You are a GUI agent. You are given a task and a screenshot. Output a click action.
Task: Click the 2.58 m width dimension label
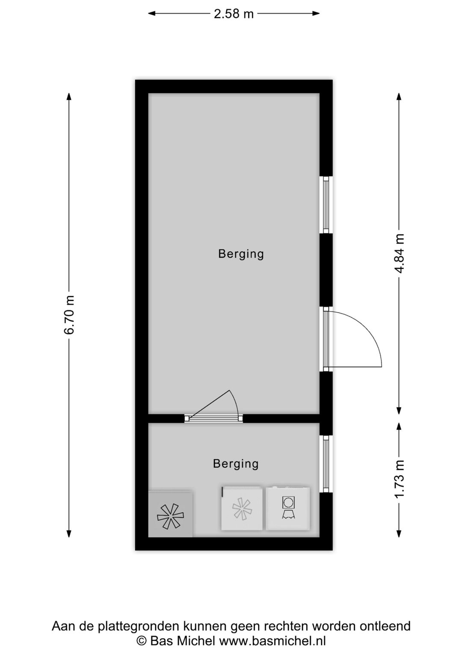tap(234, 14)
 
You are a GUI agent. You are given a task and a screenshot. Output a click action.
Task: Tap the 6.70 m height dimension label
tap(69, 315)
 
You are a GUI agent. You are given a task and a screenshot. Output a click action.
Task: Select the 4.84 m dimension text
tap(399, 253)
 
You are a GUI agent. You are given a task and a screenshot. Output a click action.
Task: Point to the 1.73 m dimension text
tap(399, 479)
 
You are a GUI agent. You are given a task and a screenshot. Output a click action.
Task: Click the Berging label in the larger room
tap(241, 254)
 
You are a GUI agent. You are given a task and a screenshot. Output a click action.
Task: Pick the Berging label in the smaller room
tap(236, 464)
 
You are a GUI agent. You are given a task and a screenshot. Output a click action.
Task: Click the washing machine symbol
tap(287, 508)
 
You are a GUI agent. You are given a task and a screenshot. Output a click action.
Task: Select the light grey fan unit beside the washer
tap(242, 509)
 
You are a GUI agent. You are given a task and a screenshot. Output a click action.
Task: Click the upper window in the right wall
tap(326, 205)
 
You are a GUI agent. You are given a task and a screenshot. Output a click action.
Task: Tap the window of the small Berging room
tap(326, 464)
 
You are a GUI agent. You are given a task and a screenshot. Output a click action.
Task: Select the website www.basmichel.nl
tap(272, 641)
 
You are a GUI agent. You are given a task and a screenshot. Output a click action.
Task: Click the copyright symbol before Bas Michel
tap(141, 641)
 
